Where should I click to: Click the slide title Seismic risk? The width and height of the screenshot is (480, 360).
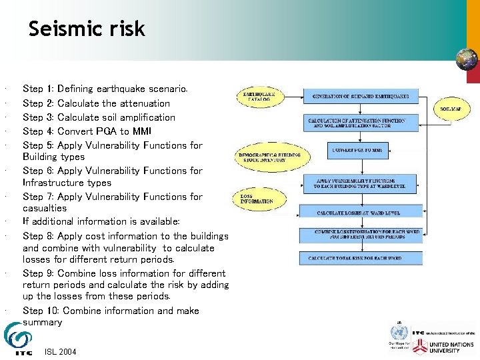[87, 29]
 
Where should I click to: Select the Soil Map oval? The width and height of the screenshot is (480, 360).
[453, 109]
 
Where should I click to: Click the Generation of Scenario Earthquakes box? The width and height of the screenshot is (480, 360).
[360, 96]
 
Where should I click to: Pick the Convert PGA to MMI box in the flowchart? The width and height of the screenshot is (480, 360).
[358, 151]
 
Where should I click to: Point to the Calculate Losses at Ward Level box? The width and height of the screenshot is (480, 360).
[359, 213]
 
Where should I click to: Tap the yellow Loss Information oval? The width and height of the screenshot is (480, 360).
[257, 199]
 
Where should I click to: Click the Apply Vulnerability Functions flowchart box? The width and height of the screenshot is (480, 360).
[356, 183]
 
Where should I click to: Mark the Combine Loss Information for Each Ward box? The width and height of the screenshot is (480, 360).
[359, 234]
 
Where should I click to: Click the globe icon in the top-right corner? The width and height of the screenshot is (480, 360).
[466, 60]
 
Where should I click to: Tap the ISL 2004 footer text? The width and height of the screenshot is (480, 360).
[59, 351]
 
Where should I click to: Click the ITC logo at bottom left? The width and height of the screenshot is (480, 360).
[18, 339]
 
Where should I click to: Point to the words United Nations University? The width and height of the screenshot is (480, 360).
[453, 347]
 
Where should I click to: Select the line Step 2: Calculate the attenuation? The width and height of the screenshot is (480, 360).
[96, 103]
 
